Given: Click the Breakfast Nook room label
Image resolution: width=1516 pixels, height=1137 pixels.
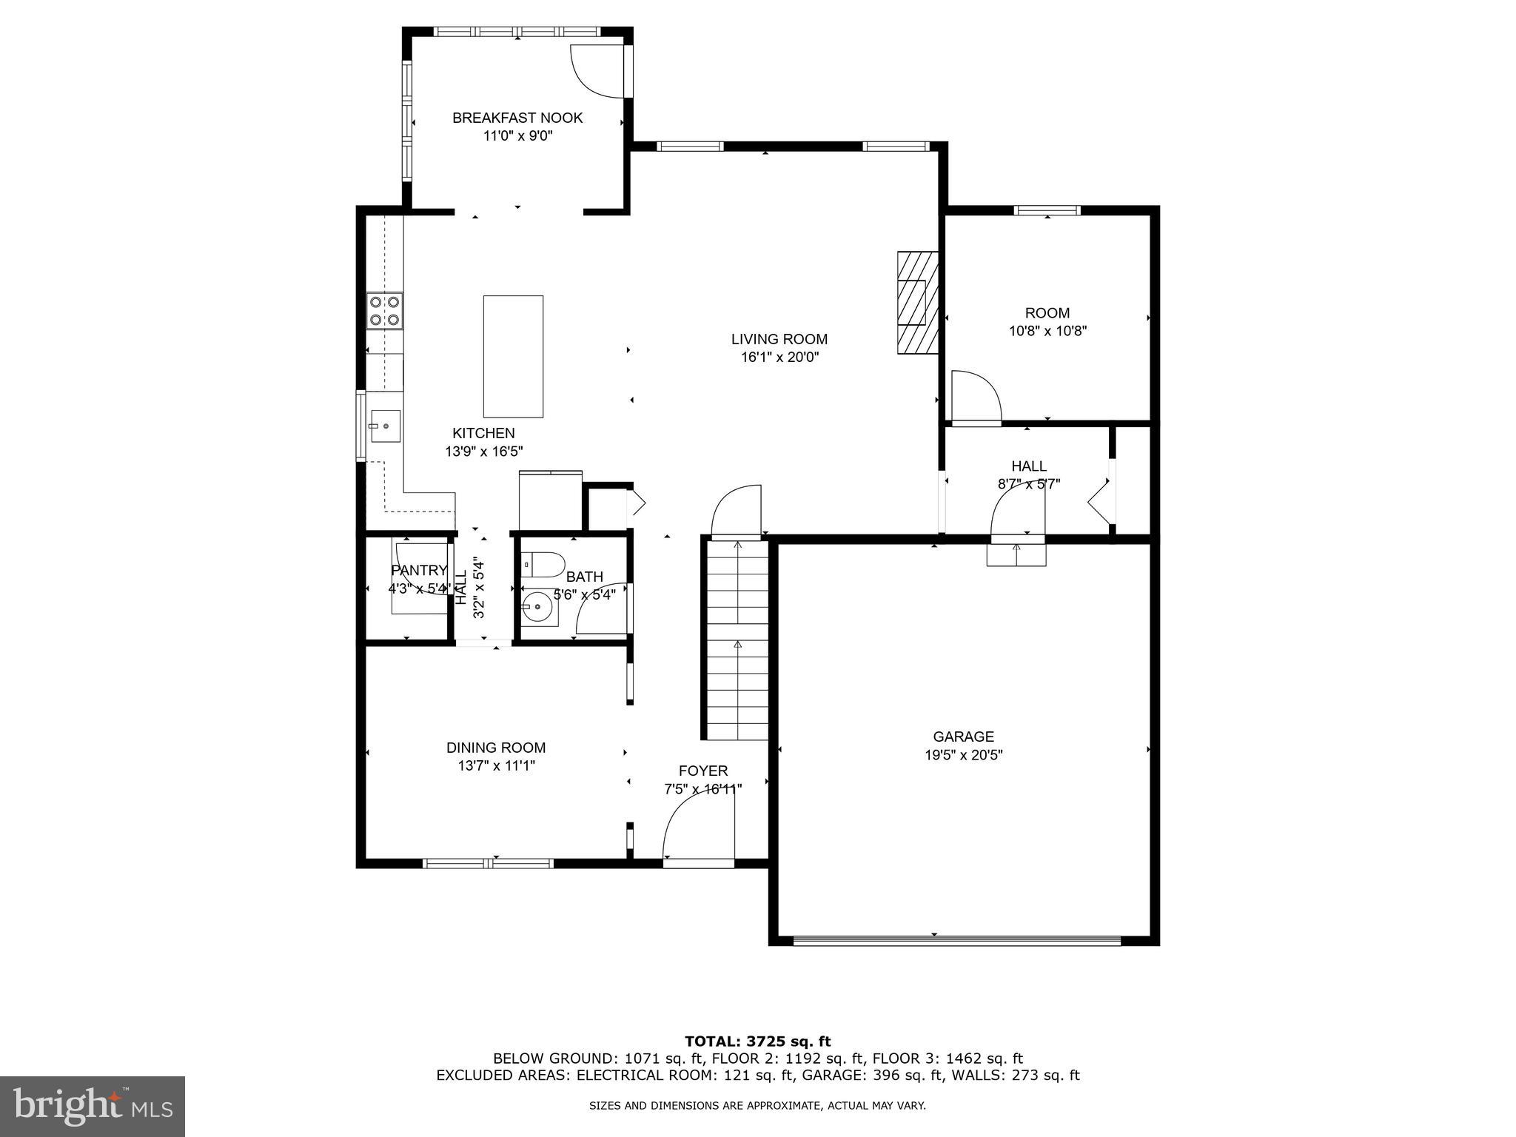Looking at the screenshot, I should [x=517, y=118].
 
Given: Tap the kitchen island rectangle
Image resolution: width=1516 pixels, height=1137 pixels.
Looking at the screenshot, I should [x=513, y=356].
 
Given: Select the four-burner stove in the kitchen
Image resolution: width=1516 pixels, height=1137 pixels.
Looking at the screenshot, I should [x=385, y=311].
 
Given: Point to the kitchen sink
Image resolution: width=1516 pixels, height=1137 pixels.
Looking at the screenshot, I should [x=384, y=426].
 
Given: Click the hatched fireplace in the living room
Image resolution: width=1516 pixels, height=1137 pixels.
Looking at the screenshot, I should [x=917, y=303].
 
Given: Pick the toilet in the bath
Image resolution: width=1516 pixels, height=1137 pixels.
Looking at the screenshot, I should [x=543, y=565].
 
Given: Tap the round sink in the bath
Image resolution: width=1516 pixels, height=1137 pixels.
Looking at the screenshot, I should [x=538, y=609].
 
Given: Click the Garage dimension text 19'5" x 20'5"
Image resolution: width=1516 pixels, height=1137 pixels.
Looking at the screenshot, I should [x=963, y=755].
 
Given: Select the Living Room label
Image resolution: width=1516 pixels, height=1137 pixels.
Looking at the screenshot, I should [x=779, y=339].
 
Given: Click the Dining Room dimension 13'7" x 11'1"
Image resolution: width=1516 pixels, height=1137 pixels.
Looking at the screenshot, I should [x=496, y=766].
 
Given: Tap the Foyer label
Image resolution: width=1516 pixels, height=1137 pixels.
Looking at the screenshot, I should [x=703, y=771].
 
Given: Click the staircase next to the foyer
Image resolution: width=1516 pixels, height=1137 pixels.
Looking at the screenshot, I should [x=737, y=640].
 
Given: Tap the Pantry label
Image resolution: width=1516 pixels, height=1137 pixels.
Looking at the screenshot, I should [x=419, y=570].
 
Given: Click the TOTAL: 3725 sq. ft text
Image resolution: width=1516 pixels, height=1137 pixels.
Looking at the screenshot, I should [x=757, y=1042].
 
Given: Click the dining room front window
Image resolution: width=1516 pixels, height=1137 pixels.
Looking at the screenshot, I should [x=488, y=862].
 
